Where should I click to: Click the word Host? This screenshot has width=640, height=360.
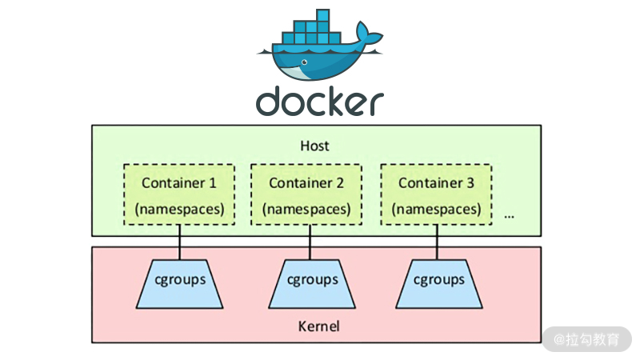coord(315,146)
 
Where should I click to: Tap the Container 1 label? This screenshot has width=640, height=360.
coord(179,182)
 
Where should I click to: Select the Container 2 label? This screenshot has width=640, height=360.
coord(306,182)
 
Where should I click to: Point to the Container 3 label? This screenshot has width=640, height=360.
coord(436,182)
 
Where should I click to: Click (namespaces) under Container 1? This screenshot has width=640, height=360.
coord(179,209)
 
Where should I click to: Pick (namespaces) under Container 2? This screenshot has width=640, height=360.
coord(306,209)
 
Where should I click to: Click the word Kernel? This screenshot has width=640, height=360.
coord(318,326)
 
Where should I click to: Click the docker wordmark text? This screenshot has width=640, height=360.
coord(319,102)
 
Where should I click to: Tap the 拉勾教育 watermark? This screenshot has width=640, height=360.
coord(588,338)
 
